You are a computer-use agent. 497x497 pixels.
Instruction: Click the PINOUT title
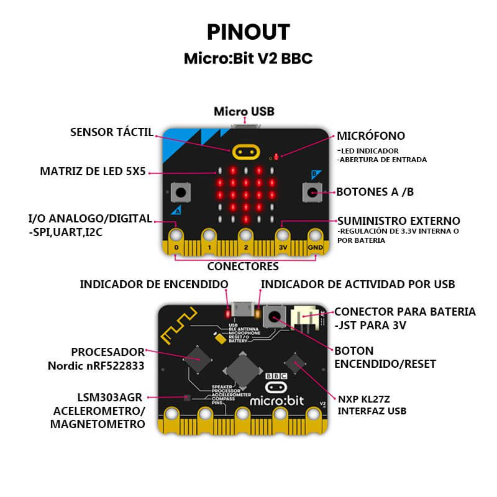coord(248,32)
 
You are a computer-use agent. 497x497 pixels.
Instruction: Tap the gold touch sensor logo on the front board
coord(245,152)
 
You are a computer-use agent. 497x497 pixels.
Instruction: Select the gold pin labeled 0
coord(176,237)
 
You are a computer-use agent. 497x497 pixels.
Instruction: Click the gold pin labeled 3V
coord(283,237)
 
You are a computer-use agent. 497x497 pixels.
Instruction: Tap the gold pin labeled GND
coord(316,237)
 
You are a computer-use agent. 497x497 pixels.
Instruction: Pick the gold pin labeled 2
coord(246,237)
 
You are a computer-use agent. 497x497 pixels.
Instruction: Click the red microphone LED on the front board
coord(276,157)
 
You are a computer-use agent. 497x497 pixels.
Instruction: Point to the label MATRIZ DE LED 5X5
coord(93,171)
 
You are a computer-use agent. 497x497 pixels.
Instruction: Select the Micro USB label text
coord(244,112)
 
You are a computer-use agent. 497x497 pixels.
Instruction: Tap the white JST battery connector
coord(306,318)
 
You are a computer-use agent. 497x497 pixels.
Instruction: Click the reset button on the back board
coord(273,317)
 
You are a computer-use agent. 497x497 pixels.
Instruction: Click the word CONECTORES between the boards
coord(243,267)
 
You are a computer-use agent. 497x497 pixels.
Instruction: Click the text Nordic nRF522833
coord(96,366)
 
